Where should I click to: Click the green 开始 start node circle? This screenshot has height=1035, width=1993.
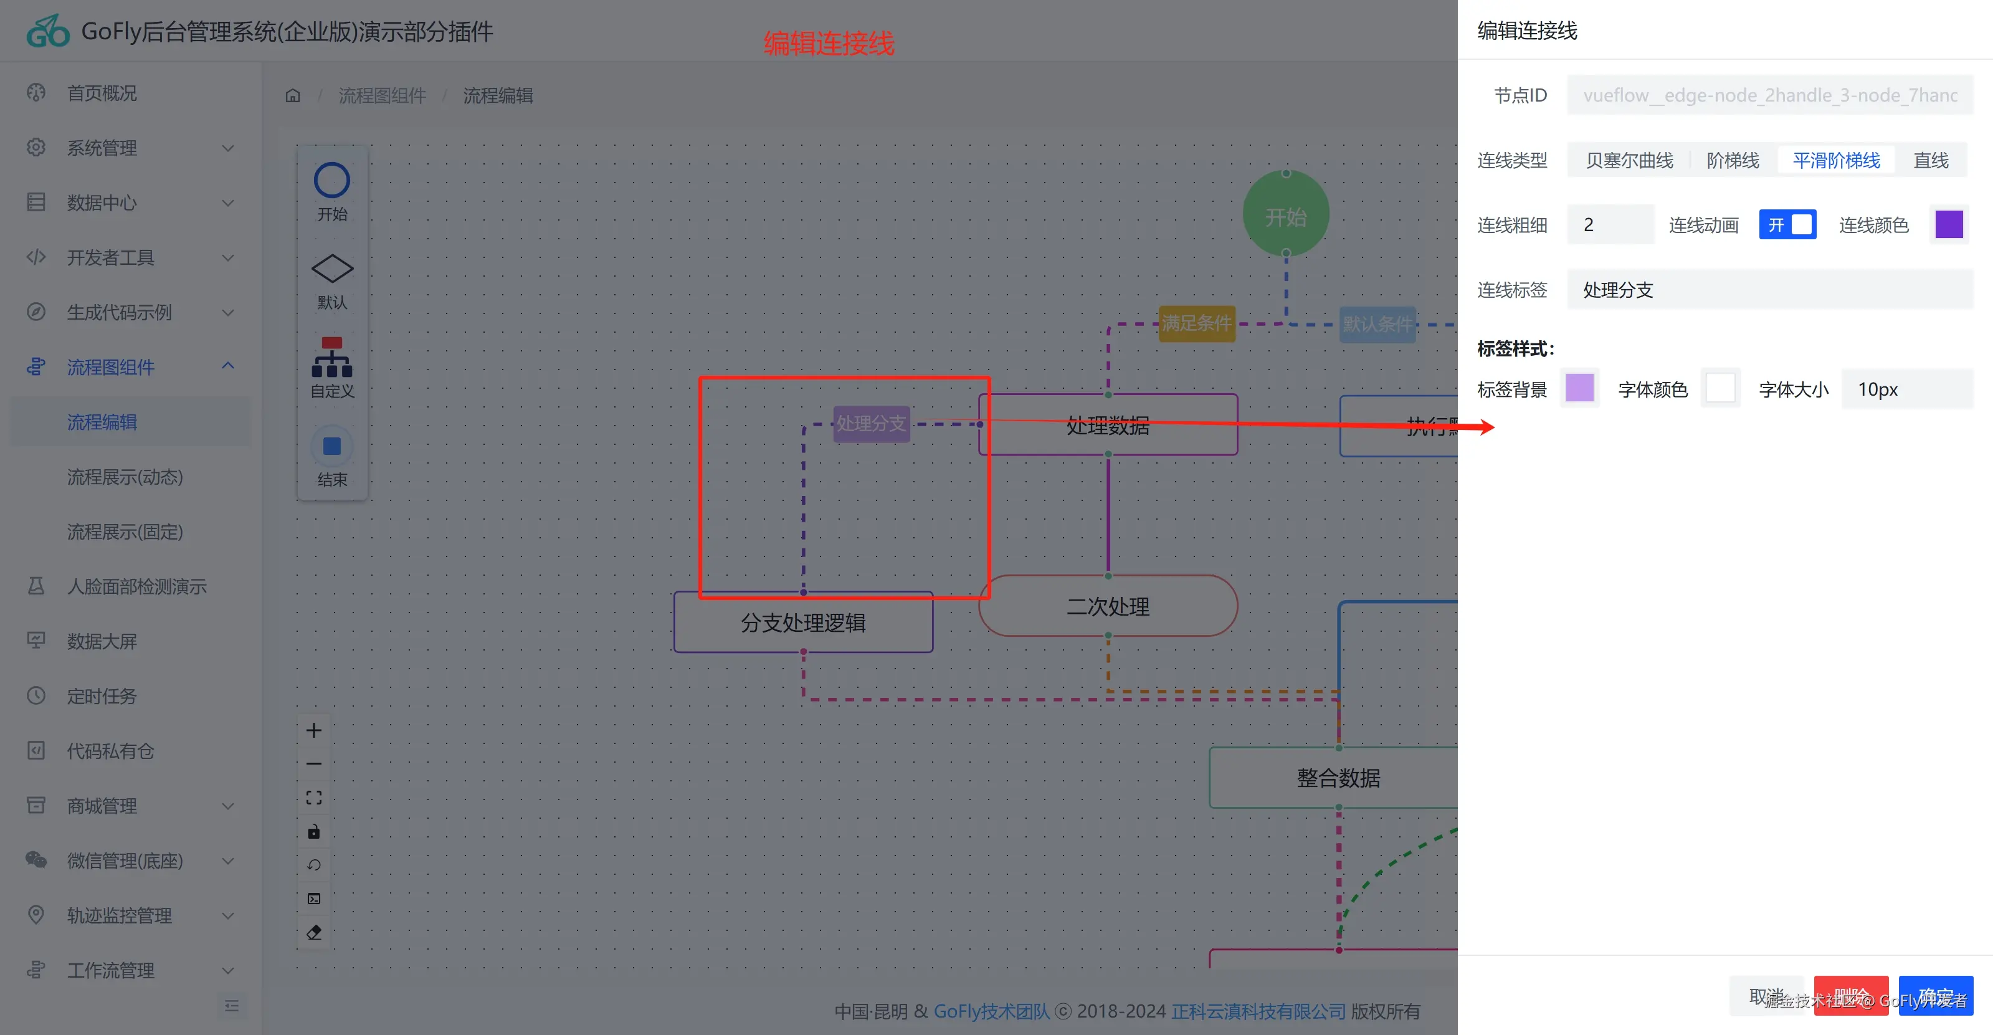(1285, 214)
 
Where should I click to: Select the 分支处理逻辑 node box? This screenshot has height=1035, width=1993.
(802, 622)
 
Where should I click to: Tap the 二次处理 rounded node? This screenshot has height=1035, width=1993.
(1107, 606)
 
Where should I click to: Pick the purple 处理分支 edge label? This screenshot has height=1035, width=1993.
(870, 424)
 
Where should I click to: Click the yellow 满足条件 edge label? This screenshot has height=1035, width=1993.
(1196, 323)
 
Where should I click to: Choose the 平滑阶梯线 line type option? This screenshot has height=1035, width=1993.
(1836, 160)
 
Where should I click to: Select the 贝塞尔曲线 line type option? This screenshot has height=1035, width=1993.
(1629, 160)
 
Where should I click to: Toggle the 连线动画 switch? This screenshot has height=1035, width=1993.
(1787, 225)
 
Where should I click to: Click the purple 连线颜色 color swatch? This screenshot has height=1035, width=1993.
(1948, 225)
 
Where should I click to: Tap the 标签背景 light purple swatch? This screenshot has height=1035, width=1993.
(1579, 388)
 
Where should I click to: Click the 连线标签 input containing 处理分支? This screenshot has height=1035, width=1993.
(1769, 290)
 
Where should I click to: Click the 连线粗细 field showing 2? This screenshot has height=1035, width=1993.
(1610, 225)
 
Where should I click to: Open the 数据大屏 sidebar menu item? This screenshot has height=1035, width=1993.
(102, 641)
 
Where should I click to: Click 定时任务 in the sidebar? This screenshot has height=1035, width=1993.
(102, 696)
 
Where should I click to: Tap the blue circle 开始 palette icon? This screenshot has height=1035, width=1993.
(332, 181)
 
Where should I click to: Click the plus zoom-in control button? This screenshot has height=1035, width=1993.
(313, 730)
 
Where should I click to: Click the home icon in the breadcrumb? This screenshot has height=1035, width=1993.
(292, 95)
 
